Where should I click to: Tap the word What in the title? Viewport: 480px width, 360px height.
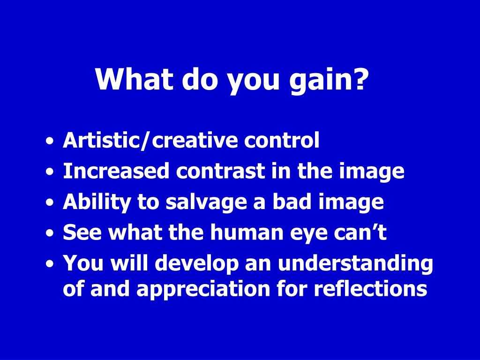click(135, 78)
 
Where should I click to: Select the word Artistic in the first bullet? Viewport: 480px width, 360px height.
click(101, 140)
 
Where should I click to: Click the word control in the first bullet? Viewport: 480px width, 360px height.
click(282, 140)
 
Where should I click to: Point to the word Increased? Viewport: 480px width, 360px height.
click(116, 171)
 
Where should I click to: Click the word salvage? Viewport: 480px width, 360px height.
click(206, 202)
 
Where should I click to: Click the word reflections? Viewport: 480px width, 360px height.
click(370, 288)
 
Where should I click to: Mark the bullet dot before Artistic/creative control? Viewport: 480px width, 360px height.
click(49, 142)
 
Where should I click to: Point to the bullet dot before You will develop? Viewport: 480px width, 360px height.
click(49, 264)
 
